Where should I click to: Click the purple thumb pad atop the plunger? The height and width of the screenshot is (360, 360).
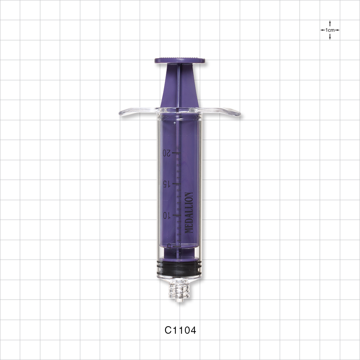180,60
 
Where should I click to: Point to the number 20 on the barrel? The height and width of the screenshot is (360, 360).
166,153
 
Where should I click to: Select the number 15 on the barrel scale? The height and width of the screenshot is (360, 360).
166,184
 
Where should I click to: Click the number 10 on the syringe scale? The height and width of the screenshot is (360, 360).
166,215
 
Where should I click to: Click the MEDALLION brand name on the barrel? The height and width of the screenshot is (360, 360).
189,213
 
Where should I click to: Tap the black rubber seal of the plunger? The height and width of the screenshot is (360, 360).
179,269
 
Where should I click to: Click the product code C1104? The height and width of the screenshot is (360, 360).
180,330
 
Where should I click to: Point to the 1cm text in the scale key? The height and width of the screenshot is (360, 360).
330,30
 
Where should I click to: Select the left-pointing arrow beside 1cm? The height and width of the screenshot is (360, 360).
323,30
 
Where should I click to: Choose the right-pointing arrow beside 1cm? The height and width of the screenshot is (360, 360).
337,30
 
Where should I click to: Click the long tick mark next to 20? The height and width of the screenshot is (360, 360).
176,153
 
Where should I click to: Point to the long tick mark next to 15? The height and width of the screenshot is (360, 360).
176,184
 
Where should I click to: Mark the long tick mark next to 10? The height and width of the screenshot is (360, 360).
176,215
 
